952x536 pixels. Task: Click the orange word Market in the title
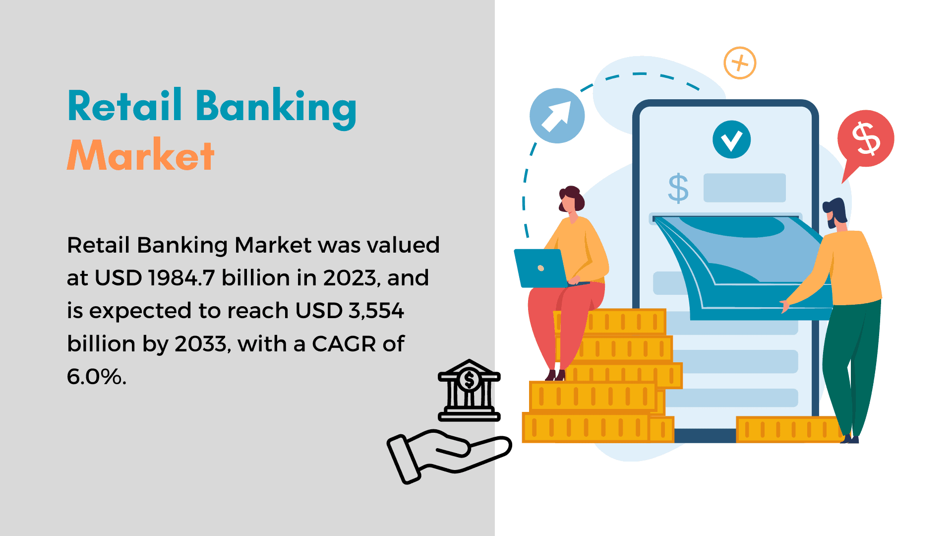pyautogui.click(x=141, y=155)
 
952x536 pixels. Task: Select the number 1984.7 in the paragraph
pyautogui.click(x=181, y=277)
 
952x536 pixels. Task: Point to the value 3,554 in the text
pyautogui.click(x=376, y=311)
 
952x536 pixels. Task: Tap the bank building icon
pyautogui.click(x=469, y=390)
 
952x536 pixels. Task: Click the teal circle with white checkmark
pyautogui.click(x=731, y=139)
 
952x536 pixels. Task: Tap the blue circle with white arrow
pyautogui.click(x=557, y=116)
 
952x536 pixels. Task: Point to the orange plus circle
pyautogui.click(x=740, y=63)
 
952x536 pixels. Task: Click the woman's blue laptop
pyautogui.click(x=540, y=268)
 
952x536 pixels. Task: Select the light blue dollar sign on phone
pyautogui.click(x=678, y=189)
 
